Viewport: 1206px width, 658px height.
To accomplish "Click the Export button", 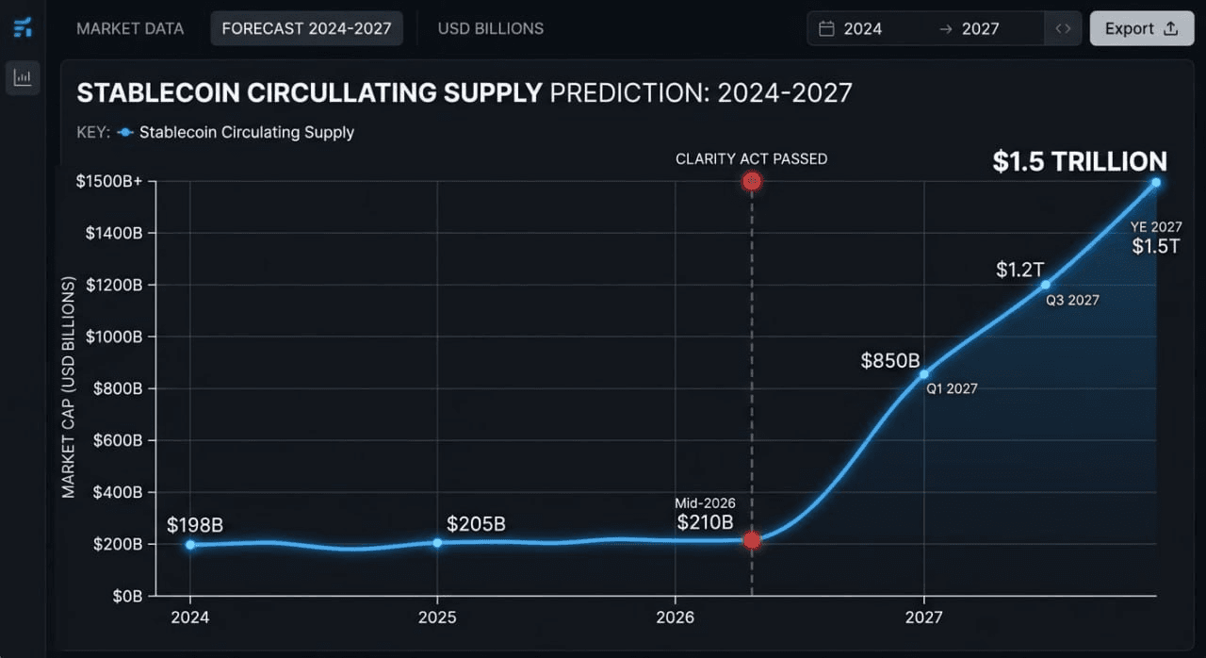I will (1141, 28).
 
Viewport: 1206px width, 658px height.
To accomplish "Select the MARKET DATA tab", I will (130, 28).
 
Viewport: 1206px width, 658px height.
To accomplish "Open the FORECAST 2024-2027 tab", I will (306, 28).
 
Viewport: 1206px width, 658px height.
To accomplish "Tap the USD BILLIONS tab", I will (490, 28).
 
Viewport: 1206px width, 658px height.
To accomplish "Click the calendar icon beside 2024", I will (826, 28).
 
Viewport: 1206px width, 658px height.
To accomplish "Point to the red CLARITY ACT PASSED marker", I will (751, 181).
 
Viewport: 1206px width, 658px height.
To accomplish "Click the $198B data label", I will (195, 525).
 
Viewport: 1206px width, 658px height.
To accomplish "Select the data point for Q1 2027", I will (924, 374).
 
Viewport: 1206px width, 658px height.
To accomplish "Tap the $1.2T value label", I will (1020, 270).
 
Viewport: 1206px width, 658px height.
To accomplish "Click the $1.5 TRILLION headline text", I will (1080, 161).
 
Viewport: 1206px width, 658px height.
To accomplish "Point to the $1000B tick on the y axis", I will (114, 337).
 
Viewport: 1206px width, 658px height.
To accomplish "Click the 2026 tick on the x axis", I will (676, 617).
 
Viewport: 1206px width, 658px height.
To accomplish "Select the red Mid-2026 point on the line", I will (751, 540).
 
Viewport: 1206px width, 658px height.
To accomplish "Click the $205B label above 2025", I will (476, 523).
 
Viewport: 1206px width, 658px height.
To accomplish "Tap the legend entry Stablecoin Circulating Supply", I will (246, 132).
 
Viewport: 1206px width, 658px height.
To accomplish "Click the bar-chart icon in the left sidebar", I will (23, 77).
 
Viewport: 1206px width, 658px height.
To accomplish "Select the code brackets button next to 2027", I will (1063, 28).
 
